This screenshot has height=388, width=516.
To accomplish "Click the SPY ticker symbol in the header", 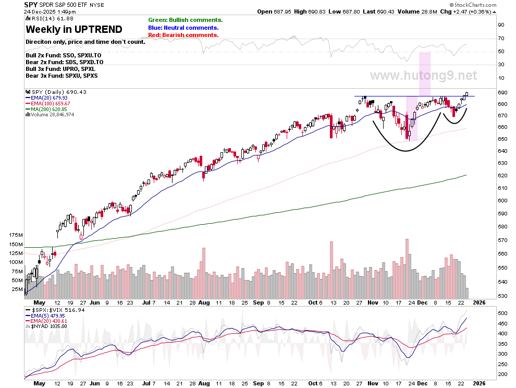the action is pos(31,5).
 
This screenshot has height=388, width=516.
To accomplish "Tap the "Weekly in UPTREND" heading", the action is pos(74,29).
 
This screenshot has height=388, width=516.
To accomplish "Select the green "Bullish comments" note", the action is pos(186,20).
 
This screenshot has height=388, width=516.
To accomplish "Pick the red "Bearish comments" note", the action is pos(183,35).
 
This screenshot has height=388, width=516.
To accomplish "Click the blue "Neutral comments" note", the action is pos(183,28).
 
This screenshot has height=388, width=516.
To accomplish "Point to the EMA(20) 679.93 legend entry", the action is pos(46,98).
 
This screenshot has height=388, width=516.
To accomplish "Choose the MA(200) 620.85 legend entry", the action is pos(46,109).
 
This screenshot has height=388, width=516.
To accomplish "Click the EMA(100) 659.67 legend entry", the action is pos(48,103).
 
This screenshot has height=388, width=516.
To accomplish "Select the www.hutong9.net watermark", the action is pos(424,76).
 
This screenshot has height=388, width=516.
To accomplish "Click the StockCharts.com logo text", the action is pos(473,5).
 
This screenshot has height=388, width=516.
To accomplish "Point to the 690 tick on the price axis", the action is pos(502,92).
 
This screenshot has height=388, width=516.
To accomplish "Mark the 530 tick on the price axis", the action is pos(502,296).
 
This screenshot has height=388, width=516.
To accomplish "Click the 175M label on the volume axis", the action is pos(16,235).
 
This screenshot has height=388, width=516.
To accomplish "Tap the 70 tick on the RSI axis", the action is pos(501,38).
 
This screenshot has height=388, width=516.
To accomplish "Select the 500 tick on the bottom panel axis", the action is pos(502,313).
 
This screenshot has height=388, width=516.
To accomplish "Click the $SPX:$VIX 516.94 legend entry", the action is pos(55,310).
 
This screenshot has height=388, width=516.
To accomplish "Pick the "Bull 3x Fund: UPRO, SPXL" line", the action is pos(60,69).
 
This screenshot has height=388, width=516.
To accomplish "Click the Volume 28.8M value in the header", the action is pos(417,11).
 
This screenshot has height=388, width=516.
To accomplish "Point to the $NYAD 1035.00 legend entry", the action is pos(46,326).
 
